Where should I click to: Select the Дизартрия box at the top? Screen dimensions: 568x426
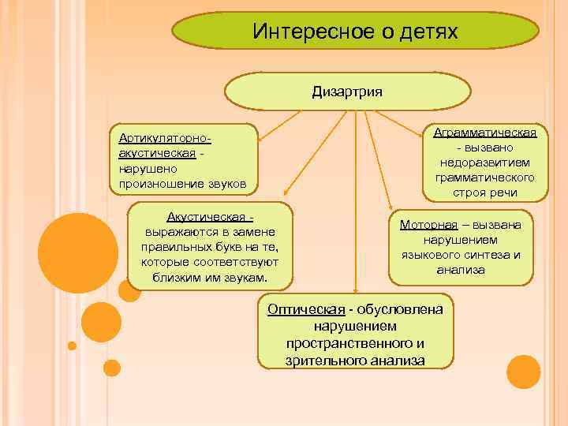pyautogui.click(x=347, y=92)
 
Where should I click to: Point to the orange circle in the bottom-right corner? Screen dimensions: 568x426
pyautogui.click(x=523, y=372)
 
